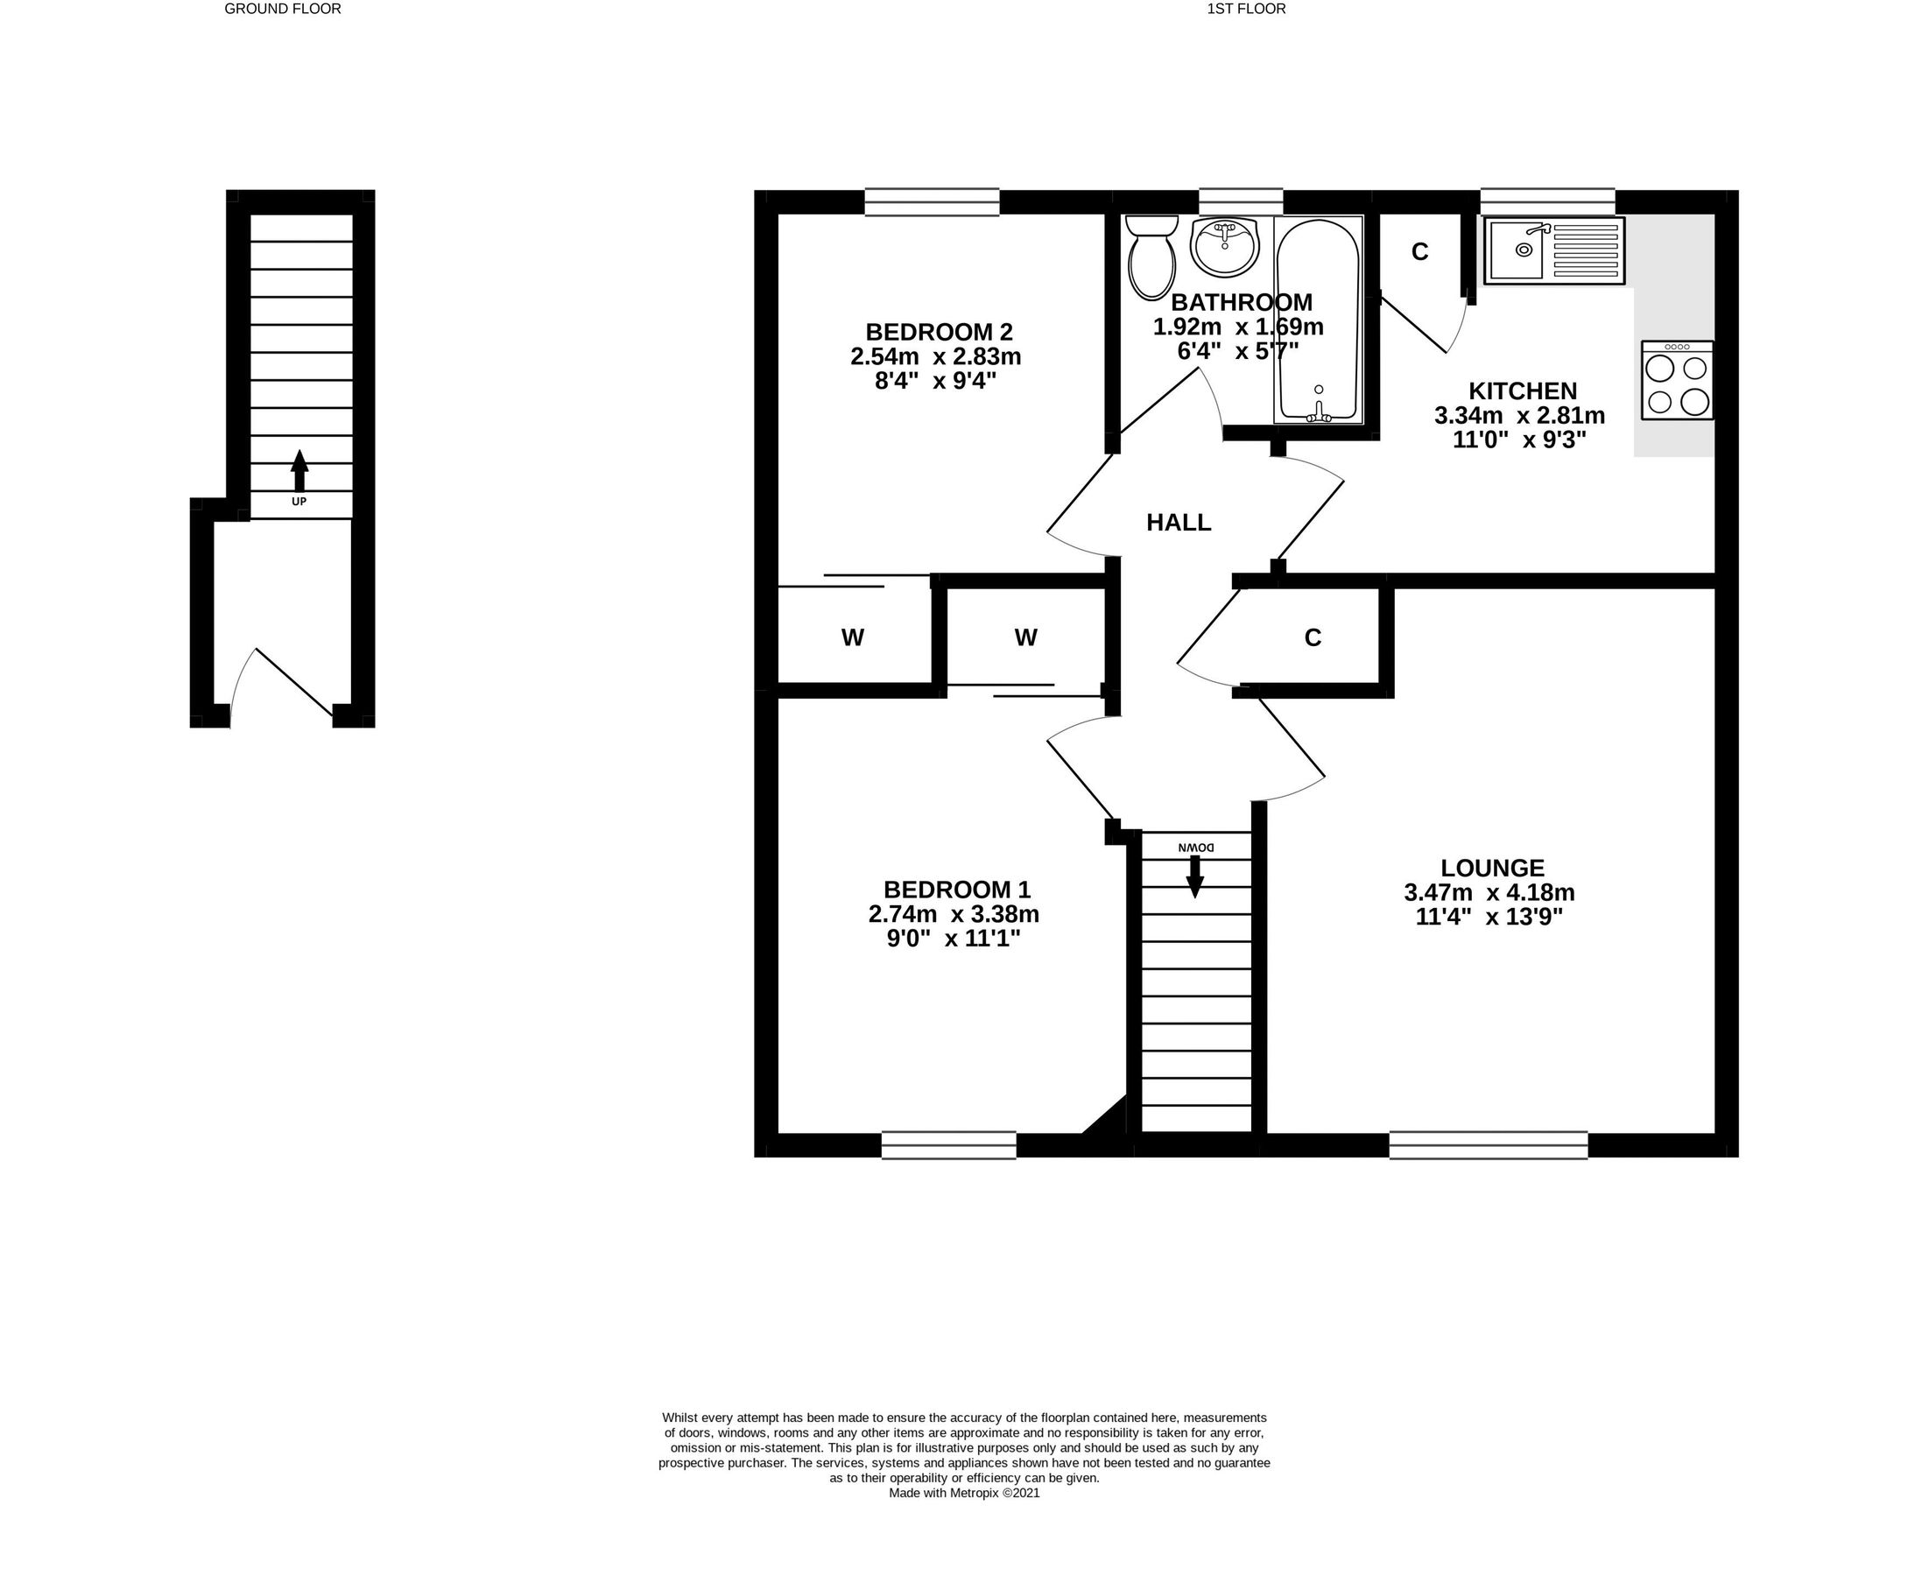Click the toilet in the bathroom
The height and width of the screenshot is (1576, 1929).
[1152, 257]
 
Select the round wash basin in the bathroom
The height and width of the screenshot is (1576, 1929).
[1225, 246]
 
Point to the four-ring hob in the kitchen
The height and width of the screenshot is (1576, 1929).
[1677, 380]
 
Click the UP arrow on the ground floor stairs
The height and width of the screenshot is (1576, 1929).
[299, 471]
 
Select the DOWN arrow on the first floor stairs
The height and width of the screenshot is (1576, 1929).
[1194, 876]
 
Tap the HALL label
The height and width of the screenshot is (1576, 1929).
[1179, 523]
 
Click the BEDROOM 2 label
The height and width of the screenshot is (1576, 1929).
[939, 331]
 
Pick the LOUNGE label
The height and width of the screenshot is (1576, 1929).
[1492, 868]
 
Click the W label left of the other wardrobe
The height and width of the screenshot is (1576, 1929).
[852, 638]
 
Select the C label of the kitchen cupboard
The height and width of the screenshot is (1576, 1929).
[1419, 252]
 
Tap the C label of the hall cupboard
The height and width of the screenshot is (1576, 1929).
[1313, 638]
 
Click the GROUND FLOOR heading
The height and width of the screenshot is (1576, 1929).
[282, 9]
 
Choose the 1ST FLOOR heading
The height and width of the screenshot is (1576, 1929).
[1245, 9]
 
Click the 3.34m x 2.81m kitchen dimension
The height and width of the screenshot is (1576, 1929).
[1519, 416]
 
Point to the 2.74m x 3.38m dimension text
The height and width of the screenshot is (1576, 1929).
[954, 913]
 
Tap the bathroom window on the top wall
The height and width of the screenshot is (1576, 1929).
[1240, 201]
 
